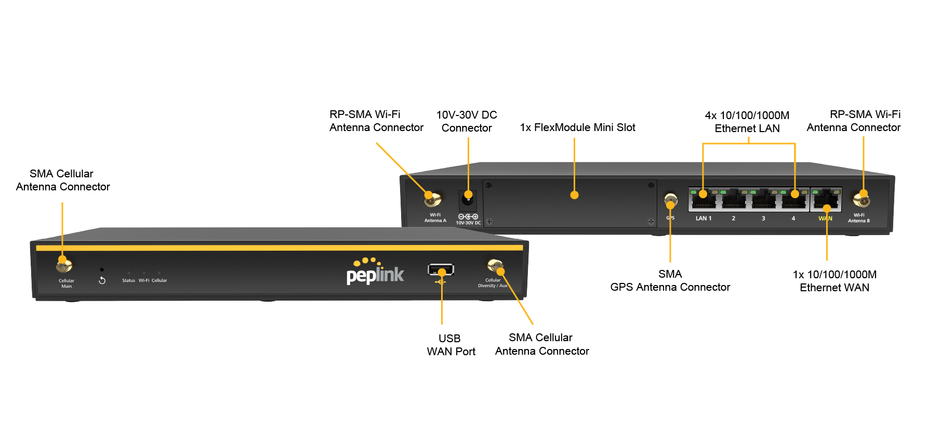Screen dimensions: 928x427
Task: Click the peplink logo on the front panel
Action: [x=375, y=273]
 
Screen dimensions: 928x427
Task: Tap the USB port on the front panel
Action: [x=441, y=270]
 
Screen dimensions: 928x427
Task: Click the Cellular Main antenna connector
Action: [x=64, y=265]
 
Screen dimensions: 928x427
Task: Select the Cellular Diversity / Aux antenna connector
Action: [x=495, y=266]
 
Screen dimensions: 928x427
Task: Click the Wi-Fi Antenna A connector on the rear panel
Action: [x=432, y=199]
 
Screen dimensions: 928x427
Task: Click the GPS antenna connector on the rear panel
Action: [x=670, y=200]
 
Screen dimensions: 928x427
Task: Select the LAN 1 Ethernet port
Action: [x=703, y=200]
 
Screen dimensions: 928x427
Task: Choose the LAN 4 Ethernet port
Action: [x=793, y=200]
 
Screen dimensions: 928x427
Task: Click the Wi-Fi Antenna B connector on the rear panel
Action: [x=861, y=199]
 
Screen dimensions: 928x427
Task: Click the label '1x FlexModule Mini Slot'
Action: [x=577, y=127]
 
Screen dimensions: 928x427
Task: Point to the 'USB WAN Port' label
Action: [x=450, y=345]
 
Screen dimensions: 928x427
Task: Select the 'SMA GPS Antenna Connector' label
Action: [x=670, y=281]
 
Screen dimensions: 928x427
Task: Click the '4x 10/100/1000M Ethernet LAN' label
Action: [x=747, y=122]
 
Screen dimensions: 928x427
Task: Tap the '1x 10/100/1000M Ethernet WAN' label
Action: [x=834, y=281]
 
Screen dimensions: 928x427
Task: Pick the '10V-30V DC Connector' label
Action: [x=467, y=121]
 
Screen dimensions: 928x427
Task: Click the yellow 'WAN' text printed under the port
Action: [x=825, y=218]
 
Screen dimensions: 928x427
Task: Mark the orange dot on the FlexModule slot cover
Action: [x=574, y=195]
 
